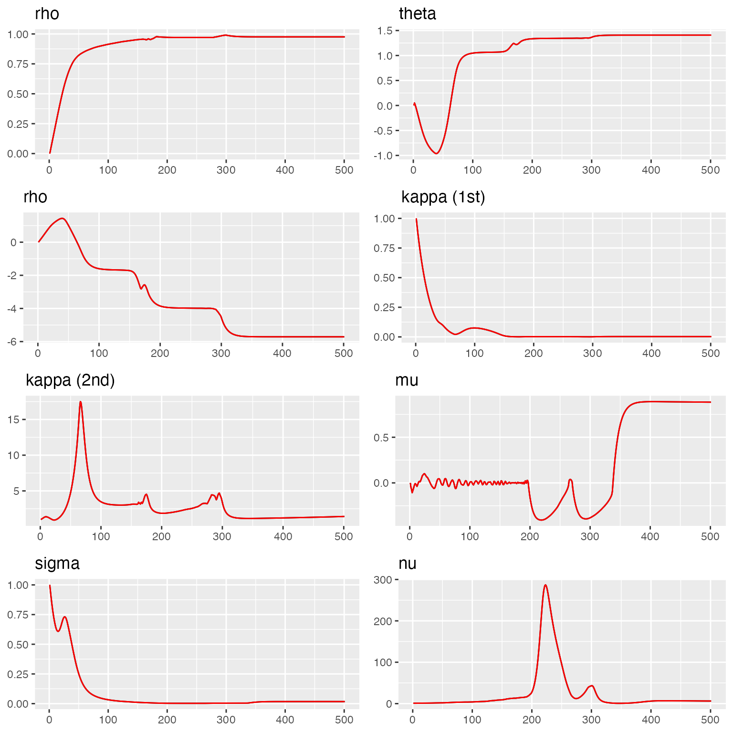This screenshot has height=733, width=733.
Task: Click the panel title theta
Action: click(417, 14)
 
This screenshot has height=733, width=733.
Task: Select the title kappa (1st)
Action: click(443, 197)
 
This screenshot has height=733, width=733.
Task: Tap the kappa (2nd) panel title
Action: click(70, 380)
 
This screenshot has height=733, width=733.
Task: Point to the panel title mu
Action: click(407, 380)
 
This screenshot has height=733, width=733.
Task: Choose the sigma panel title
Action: click(57, 564)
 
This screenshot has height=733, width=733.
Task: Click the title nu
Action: click(408, 564)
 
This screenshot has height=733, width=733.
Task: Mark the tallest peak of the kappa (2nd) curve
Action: click(81, 402)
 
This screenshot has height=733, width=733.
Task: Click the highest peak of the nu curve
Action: click(545, 585)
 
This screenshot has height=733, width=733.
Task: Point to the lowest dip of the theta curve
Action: click(436, 153)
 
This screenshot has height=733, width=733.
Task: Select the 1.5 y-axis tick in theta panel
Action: click(385, 31)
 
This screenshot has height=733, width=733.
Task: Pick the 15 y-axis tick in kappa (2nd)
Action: click(13, 419)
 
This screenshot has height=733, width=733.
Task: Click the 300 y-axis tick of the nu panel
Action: click(383, 580)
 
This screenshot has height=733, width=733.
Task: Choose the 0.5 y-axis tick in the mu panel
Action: click(382, 438)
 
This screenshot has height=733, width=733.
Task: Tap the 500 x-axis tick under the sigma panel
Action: click(344, 720)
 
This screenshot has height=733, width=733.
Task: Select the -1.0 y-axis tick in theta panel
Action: click(384, 156)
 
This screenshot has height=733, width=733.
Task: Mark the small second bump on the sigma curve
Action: click(64, 617)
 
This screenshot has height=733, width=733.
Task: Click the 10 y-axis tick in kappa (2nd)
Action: click(13, 455)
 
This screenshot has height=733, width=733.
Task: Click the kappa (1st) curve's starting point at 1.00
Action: click(416, 219)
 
